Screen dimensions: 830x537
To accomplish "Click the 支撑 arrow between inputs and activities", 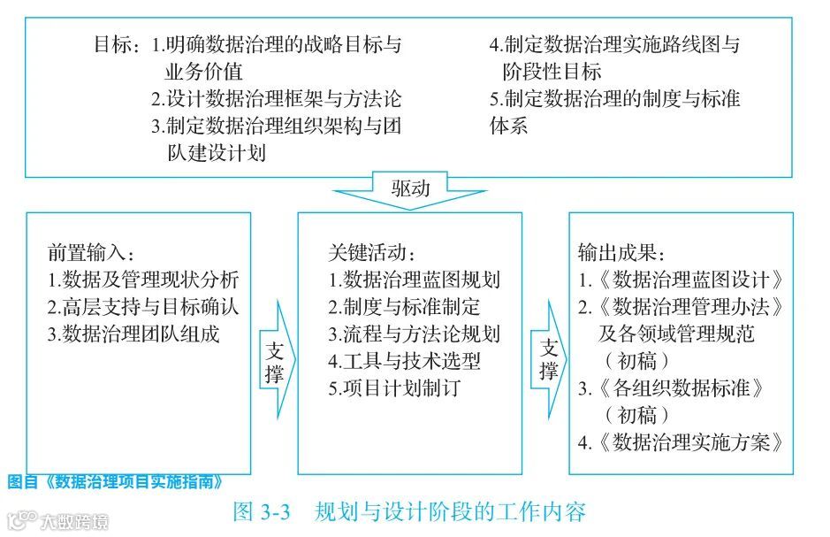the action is click(x=275, y=359).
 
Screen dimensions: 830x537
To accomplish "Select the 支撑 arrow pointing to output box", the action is click(x=548, y=359).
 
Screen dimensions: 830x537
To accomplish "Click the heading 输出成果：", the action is click(x=622, y=252).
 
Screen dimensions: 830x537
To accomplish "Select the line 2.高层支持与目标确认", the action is click(x=143, y=307).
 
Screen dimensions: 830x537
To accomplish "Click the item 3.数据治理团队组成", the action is click(x=133, y=334).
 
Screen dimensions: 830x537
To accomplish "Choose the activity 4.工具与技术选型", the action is click(x=405, y=362).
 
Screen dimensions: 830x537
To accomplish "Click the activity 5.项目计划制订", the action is click(x=394, y=388).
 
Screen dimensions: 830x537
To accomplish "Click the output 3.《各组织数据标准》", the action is click(x=671, y=388).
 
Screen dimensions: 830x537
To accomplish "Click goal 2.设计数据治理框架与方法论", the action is click(x=275, y=98).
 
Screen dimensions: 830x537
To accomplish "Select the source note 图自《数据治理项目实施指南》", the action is click(x=114, y=482).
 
